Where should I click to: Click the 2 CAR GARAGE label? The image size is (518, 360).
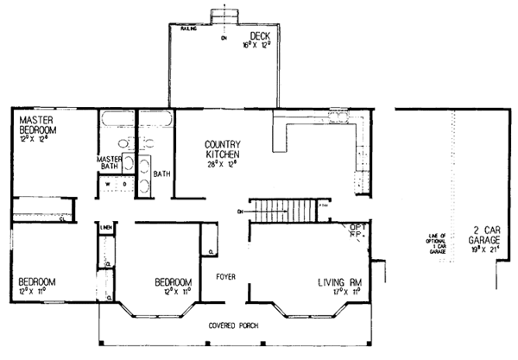(x=483, y=236)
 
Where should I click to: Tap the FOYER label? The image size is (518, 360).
(x=227, y=279)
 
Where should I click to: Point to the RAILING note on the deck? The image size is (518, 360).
(x=187, y=28)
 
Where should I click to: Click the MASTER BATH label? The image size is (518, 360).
(x=108, y=164)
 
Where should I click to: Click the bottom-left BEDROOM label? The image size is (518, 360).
(x=37, y=281)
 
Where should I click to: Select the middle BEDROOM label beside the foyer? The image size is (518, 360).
(x=173, y=281)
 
